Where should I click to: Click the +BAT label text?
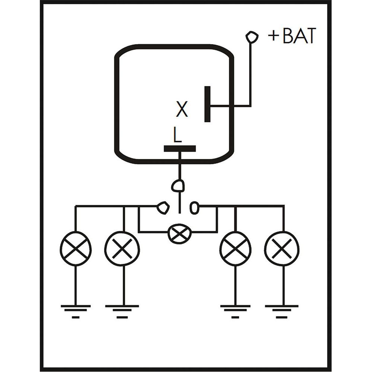click(x=292, y=36)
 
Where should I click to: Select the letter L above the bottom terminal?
click(x=177, y=136)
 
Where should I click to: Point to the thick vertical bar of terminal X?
click(x=207, y=104)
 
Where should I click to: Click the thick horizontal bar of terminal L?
click(x=180, y=149)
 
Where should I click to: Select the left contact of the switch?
click(x=163, y=207)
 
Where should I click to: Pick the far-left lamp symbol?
click(x=76, y=248)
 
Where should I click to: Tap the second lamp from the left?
click(x=122, y=248)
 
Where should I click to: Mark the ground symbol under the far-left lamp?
click(x=76, y=310)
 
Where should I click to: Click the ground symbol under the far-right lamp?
click(x=282, y=310)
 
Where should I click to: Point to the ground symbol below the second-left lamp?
click(x=122, y=310)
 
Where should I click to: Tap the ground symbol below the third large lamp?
click(x=235, y=310)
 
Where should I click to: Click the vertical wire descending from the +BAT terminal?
click(x=251, y=74)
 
